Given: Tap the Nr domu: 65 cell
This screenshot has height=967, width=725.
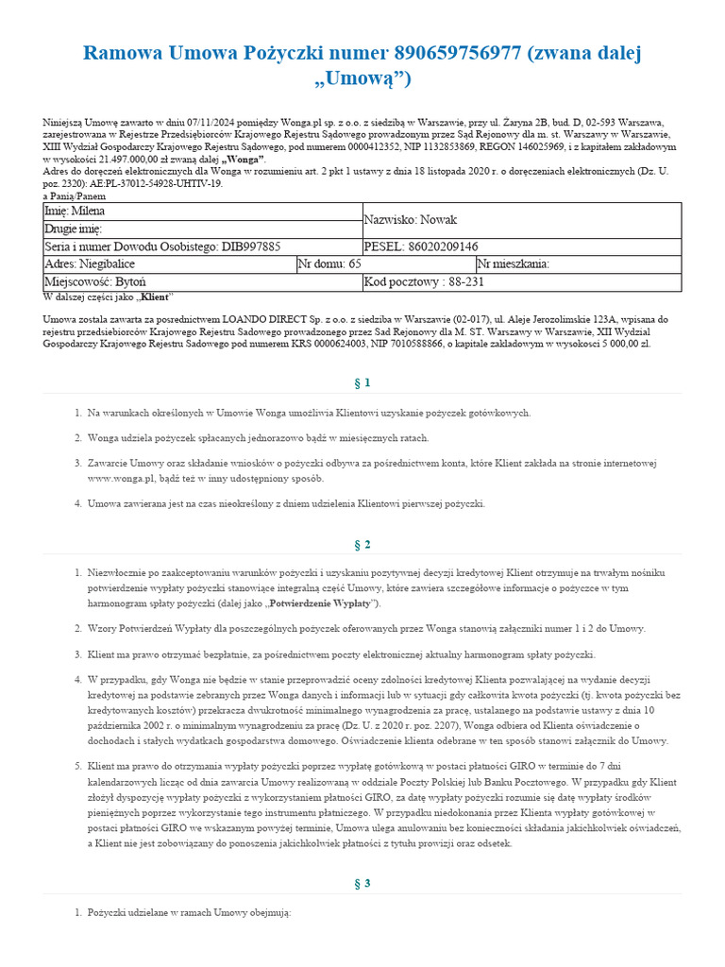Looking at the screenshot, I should (329, 265).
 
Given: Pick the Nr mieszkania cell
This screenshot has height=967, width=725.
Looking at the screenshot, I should (514, 265).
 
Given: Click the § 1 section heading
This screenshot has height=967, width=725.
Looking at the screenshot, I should (362, 382).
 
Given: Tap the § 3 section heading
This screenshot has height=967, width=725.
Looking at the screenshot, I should (362, 883).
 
